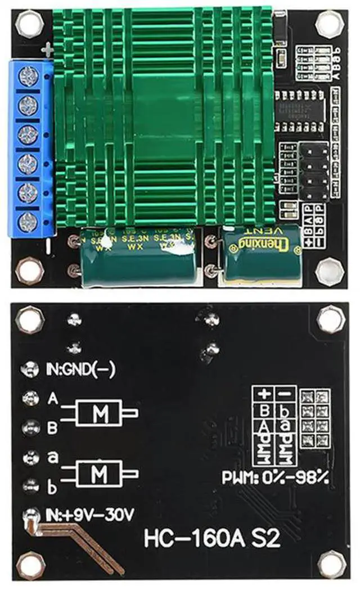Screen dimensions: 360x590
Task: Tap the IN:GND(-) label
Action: click(80, 370)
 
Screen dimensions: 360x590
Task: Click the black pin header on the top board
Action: click(313, 172)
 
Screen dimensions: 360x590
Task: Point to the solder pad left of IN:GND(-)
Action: click(28, 370)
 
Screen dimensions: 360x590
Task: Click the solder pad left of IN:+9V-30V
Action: click(28, 514)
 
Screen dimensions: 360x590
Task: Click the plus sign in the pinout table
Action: click(263, 393)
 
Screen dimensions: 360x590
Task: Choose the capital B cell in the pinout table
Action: click(263, 408)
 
